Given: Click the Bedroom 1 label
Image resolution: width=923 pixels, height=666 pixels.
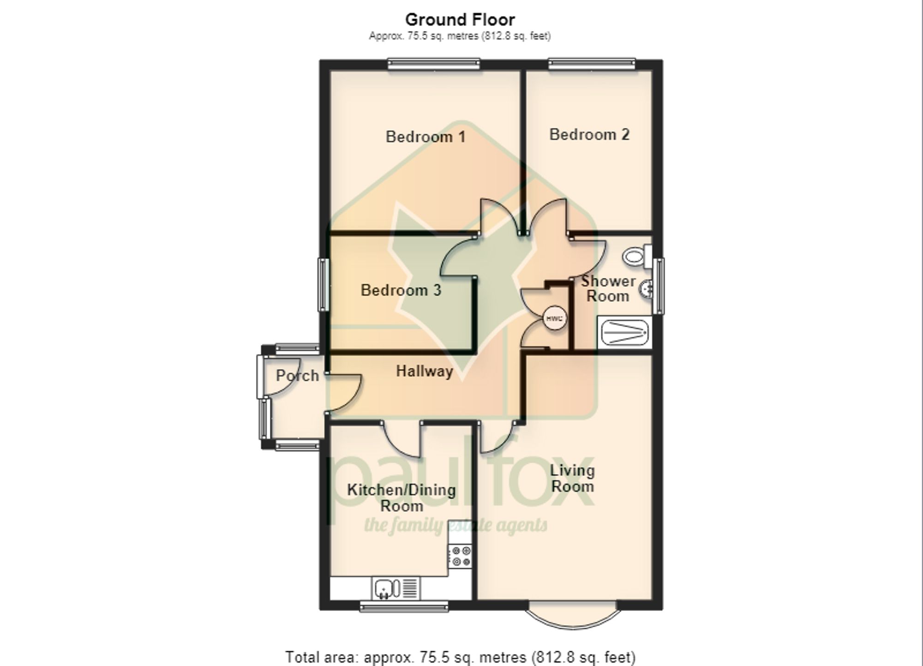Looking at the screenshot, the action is (x=425, y=137).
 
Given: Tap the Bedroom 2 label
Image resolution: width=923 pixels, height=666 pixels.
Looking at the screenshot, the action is (x=589, y=134).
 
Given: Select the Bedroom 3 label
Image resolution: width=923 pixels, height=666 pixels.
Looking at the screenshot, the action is (x=401, y=290).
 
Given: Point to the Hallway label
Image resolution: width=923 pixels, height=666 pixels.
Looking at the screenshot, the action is (x=425, y=371).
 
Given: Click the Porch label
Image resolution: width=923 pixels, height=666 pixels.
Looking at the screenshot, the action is (x=297, y=375).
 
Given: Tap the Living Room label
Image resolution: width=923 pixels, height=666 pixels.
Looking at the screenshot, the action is (x=572, y=478).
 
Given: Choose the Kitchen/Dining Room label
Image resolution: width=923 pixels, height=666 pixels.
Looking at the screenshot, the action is (x=402, y=498).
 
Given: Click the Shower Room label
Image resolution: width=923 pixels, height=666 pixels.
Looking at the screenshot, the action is (x=608, y=288).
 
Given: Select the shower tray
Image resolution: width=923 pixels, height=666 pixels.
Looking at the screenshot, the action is (x=624, y=332).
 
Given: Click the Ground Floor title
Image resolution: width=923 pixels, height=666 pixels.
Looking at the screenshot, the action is (x=460, y=19).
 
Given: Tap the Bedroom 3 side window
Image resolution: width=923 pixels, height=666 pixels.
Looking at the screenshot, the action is (x=323, y=284).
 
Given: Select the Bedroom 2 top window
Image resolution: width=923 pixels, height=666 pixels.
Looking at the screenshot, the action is (x=592, y=64).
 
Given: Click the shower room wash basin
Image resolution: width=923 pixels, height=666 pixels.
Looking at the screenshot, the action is (x=646, y=289).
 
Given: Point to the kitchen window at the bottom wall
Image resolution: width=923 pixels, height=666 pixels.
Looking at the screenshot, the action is (x=404, y=606).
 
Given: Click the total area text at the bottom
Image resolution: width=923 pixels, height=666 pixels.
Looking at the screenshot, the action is (x=461, y=657).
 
